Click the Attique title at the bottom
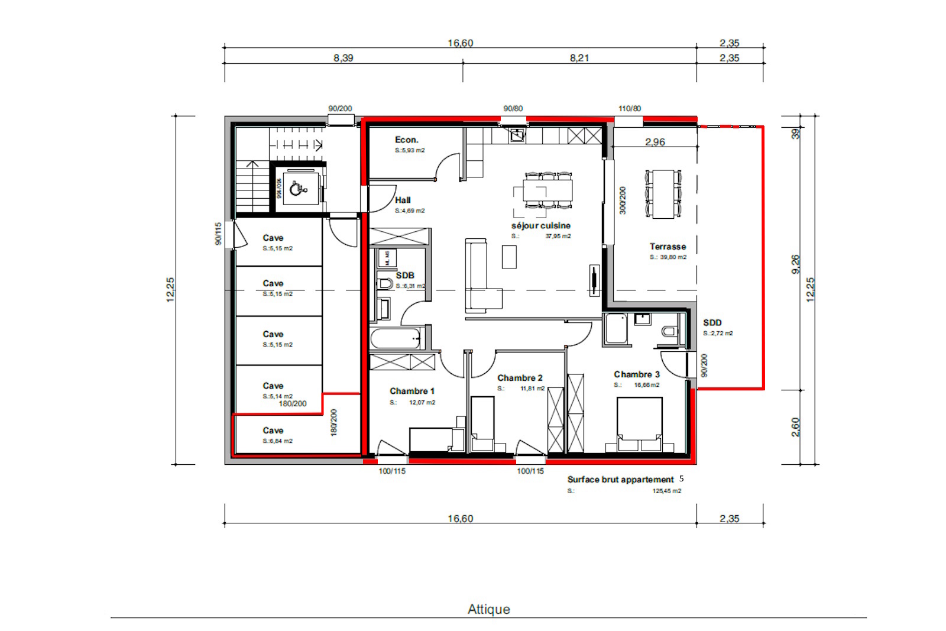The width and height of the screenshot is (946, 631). (x=488, y=609)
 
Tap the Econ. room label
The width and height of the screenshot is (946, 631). (x=407, y=140)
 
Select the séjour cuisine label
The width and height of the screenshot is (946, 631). (x=540, y=225)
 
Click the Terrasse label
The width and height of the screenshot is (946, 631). (x=668, y=247)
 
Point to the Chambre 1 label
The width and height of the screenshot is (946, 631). (x=412, y=391)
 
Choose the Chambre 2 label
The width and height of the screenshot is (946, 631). (x=520, y=378)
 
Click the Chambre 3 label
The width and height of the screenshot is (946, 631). (x=636, y=374)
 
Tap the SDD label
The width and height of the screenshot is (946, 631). (x=712, y=322)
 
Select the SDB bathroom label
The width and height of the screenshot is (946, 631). (x=405, y=275)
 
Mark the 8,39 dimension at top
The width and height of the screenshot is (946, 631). (x=343, y=58)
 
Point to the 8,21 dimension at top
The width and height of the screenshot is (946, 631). (x=579, y=58)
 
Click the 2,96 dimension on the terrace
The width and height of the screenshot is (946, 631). (x=655, y=142)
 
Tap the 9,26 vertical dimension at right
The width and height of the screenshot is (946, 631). (x=795, y=264)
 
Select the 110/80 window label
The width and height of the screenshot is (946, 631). (x=629, y=109)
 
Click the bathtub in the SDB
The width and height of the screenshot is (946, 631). (x=395, y=339)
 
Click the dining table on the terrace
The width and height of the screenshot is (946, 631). (x=663, y=194)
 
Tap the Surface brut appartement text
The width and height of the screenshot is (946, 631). (x=620, y=480)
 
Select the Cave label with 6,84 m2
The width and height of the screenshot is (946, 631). (x=273, y=431)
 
